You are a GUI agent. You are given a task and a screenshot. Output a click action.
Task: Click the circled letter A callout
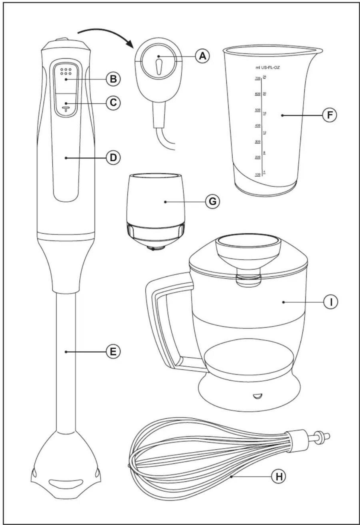pyautogui.click(x=202, y=56)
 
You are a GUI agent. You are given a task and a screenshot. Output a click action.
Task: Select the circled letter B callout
pyautogui.click(x=113, y=79)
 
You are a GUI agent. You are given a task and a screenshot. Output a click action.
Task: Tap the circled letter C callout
pyautogui.click(x=113, y=102)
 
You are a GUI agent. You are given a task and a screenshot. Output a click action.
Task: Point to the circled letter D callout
pyautogui.click(x=113, y=157)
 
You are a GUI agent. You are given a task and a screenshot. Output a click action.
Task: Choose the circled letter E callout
pyautogui.click(x=113, y=352)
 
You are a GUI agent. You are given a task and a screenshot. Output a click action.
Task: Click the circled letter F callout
pyautogui.click(x=330, y=115)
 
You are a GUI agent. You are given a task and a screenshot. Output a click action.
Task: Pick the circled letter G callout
pyautogui.click(x=212, y=202)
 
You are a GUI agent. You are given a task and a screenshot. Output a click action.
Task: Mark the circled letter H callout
pyautogui.click(x=278, y=476)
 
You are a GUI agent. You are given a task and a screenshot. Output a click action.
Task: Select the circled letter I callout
pyautogui.click(x=331, y=302)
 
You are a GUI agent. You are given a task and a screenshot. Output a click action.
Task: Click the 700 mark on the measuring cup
pyautogui.click(x=257, y=78)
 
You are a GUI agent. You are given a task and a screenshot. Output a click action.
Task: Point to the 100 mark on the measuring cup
pyautogui.click(x=257, y=174)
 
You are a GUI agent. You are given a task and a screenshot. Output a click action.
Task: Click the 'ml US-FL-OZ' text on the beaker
pyautogui.click(x=268, y=68)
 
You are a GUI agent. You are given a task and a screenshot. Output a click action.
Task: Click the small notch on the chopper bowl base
pyautogui.click(x=257, y=396)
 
